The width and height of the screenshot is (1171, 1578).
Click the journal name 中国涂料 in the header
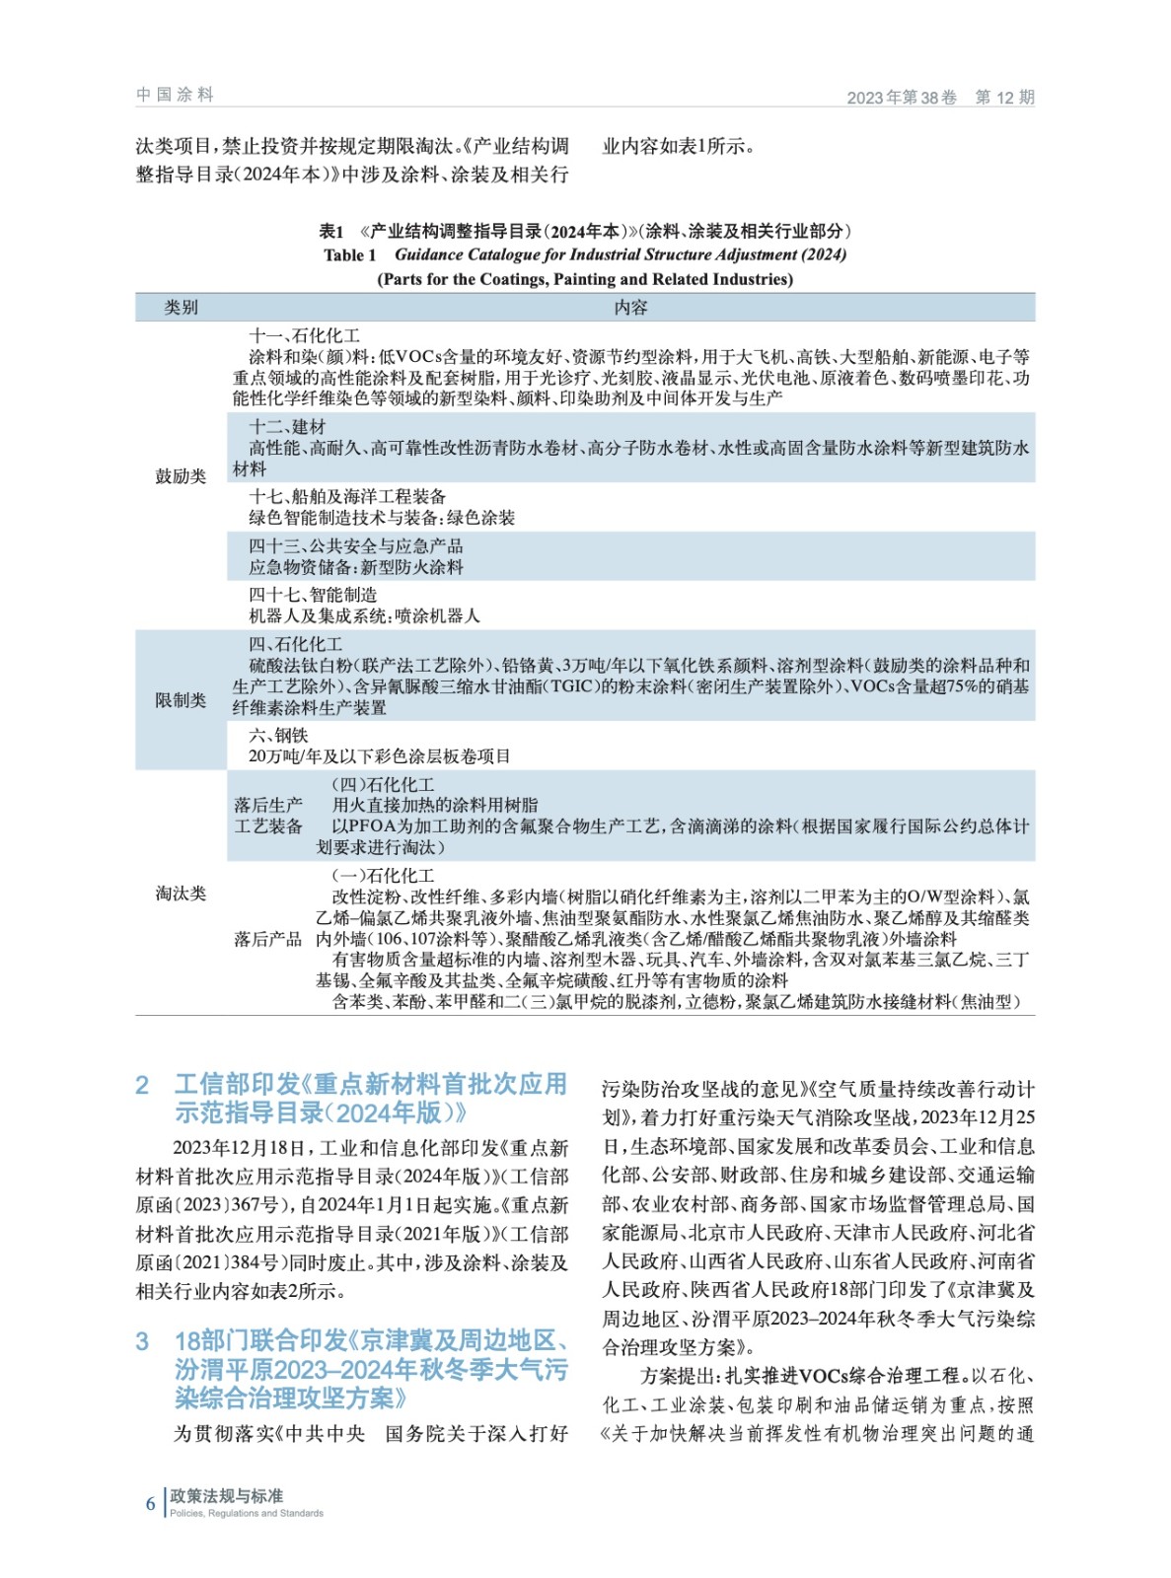(175, 95)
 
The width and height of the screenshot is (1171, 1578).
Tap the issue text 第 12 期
(1004, 97)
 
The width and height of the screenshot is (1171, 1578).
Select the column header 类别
(181, 308)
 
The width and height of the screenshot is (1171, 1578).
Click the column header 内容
(630, 308)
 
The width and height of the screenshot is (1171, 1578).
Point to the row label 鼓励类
(181, 476)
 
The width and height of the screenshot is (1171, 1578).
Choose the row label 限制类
(181, 700)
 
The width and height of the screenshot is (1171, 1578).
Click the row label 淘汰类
(181, 894)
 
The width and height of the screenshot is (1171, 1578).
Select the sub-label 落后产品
(268, 939)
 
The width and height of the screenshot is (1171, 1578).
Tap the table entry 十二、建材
(287, 427)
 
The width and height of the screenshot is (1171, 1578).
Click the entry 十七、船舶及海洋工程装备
(347, 497)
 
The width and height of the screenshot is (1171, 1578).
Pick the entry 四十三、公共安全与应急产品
(355, 546)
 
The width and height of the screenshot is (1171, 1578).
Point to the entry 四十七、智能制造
(313, 595)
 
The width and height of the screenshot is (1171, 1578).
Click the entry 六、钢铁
(278, 736)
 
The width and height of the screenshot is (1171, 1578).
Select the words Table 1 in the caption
(350, 255)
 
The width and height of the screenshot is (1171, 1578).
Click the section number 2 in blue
(142, 1086)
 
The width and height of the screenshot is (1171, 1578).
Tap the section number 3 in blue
(142, 1341)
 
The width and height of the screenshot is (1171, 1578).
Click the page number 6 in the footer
(150, 1503)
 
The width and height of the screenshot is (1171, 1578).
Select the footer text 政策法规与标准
(226, 1495)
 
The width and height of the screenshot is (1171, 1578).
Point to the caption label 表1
(331, 232)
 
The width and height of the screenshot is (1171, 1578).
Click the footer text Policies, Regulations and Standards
(247, 1513)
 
